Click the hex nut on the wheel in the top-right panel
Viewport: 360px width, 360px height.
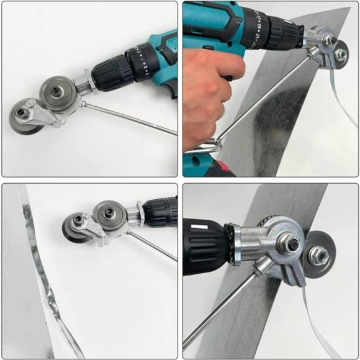coord(340,54)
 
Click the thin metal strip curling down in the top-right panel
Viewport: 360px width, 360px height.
coord(339,99)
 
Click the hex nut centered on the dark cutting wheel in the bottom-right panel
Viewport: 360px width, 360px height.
coord(319,254)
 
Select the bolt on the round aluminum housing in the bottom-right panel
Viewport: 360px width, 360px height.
coord(291,243)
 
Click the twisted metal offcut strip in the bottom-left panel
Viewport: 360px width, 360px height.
coord(47,279)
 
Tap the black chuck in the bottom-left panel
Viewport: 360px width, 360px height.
coord(158,214)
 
